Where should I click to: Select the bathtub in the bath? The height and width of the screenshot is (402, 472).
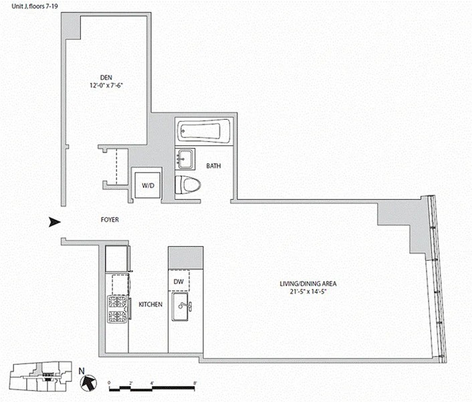204,130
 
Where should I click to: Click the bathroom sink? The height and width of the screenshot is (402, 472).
185,159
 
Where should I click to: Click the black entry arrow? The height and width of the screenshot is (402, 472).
54,223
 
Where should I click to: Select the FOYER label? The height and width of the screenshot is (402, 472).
110,219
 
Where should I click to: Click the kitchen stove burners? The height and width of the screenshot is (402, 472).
118,308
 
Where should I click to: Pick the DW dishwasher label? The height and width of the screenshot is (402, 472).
179,282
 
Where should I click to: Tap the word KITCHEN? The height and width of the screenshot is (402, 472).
150,304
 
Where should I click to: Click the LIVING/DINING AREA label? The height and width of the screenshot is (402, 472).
307,283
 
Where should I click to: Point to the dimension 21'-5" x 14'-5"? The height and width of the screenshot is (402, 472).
307,292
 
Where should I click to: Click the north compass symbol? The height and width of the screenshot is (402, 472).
86,382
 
